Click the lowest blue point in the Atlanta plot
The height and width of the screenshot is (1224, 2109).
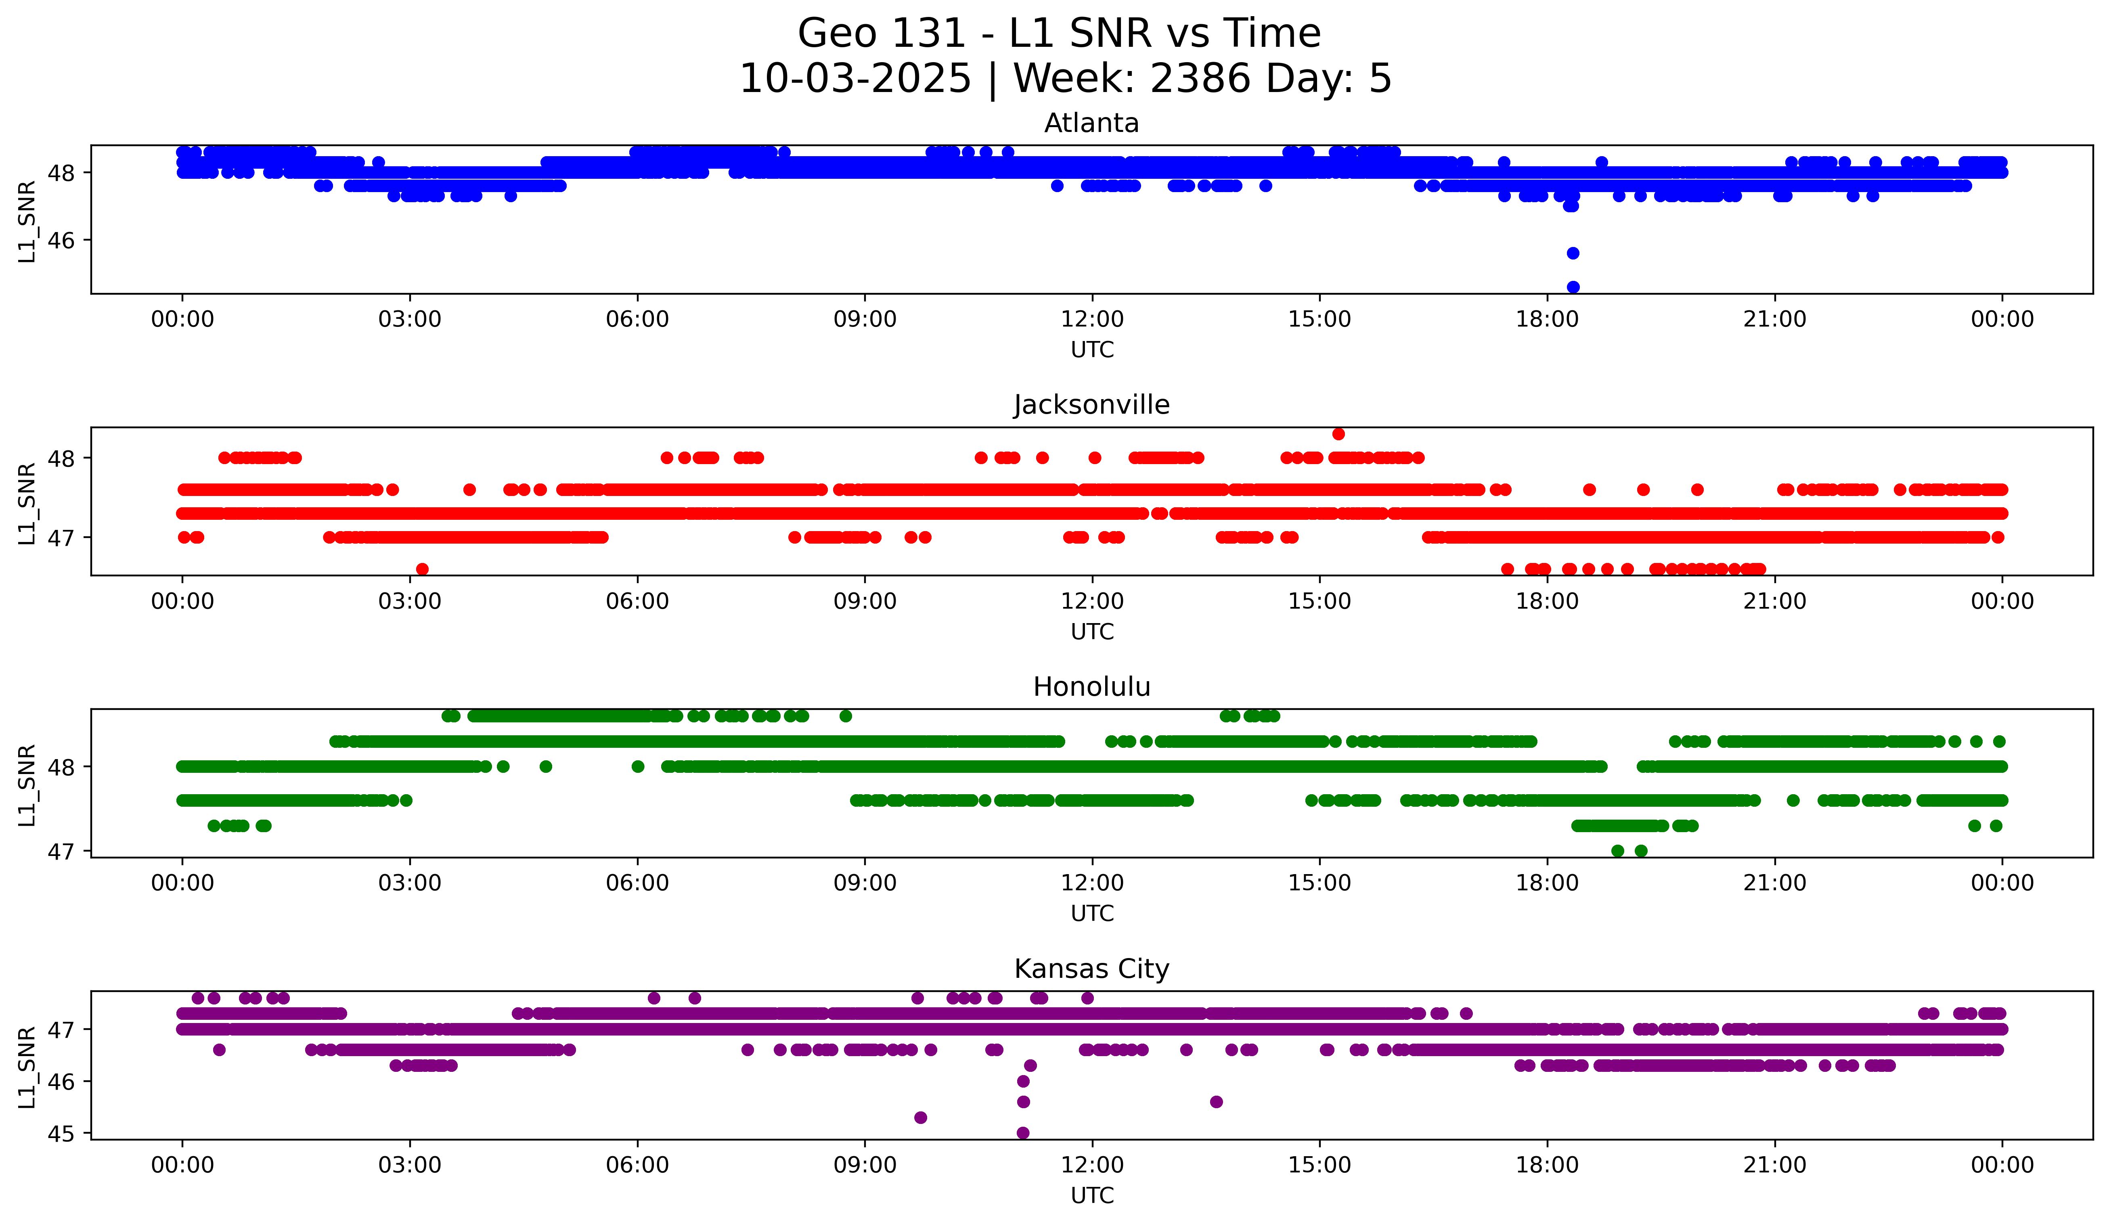coord(1573,287)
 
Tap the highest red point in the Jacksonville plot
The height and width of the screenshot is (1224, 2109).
coord(1338,433)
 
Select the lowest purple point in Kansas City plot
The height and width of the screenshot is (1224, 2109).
coord(1023,1133)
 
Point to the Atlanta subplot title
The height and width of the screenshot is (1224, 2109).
coord(1091,123)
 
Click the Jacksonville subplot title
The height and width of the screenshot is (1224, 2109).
coord(1091,405)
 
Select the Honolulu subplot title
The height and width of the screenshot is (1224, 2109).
coord(1091,687)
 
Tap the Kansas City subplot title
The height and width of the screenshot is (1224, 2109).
coord(1091,969)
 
